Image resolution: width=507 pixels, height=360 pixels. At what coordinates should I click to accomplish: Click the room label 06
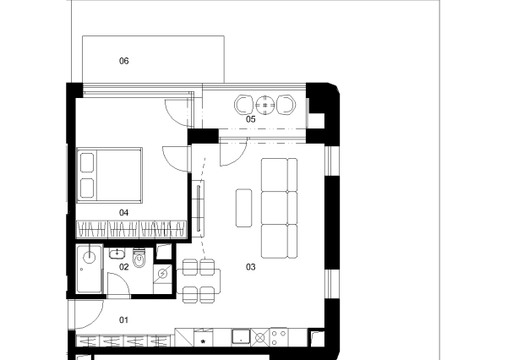[124, 61]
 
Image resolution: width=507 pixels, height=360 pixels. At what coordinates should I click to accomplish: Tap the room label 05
[251, 119]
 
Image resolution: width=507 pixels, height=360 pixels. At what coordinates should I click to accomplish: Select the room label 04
[124, 212]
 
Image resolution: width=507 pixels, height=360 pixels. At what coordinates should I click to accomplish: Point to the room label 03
[251, 267]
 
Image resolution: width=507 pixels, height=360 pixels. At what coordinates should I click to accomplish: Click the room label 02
[124, 267]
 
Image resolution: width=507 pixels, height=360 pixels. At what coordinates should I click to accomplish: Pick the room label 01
[124, 320]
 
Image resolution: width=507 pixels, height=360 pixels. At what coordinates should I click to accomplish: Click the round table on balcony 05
[265, 105]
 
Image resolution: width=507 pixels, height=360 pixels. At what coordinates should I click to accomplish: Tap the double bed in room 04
[109, 175]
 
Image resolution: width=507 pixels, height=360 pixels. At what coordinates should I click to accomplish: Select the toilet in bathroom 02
[139, 258]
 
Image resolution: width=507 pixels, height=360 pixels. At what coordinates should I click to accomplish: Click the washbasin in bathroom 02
[117, 254]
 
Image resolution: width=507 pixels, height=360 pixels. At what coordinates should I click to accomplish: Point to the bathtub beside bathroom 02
[90, 269]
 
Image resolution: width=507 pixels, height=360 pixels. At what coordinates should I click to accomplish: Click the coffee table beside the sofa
[244, 208]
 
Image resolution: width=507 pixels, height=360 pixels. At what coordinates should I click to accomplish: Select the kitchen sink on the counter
[241, 337]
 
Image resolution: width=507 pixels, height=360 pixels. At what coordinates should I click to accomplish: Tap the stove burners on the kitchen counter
[279, 337]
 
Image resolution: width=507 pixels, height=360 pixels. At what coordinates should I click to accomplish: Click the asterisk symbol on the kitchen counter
[203, 341]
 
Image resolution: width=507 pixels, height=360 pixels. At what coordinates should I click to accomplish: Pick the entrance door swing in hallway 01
[89, 314]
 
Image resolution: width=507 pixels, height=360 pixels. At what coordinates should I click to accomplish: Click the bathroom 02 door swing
[118, 284]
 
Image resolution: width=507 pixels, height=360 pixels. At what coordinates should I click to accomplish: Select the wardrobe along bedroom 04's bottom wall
[131, 230]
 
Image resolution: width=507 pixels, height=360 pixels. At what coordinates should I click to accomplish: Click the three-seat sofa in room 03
[279, 208]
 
